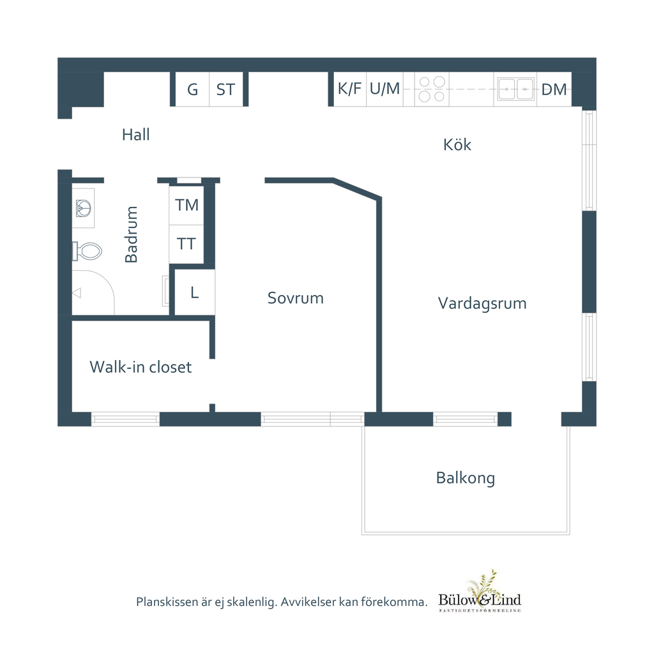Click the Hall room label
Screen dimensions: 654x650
click(135, 135)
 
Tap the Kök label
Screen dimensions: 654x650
click(457, 144)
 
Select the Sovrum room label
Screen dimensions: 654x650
click(295, 298)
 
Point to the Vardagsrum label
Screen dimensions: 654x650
click(482, 303)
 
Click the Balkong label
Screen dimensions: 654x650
click(466, 478)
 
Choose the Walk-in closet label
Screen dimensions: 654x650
click(141, 367)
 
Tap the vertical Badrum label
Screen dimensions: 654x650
click(131, 234)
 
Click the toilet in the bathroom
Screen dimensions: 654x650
click(87, 251)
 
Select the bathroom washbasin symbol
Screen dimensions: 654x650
click(84, 208)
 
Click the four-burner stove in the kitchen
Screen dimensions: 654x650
click(432, 89)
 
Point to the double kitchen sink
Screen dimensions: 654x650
click(516, 89)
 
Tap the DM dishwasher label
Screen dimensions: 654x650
click(554, 89)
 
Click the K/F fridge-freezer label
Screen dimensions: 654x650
click(349, 88)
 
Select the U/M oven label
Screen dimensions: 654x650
click(384, 88)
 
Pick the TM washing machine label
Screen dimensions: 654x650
click(186, 205)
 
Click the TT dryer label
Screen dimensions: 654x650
click(186, 243)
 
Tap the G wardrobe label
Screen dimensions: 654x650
click(192, 89)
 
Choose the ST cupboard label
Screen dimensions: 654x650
click(225, 89)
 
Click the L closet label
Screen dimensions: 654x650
click(194, 292)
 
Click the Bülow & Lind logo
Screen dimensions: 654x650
click(480, 592)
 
